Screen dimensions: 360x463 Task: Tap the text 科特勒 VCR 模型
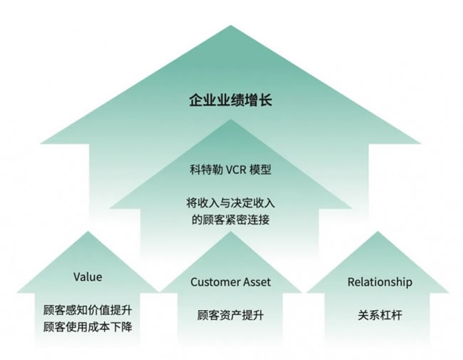coord(231,170)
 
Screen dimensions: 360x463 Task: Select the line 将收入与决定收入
coord(231,203)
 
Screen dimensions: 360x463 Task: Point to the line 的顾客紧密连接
coord(231,220)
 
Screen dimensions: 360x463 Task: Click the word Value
coord(88,277)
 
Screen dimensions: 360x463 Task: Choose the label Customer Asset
coord(231,282)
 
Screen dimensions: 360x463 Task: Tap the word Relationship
coord(380,282)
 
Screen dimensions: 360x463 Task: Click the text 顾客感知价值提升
coord(88,311)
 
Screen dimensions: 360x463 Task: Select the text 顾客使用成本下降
coord(88,327)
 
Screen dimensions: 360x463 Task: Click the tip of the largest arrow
coord(231,27)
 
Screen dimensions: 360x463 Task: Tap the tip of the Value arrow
coord(88,232)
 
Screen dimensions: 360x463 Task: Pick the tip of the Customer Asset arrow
coord(231,232)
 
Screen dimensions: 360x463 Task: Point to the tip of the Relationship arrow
coord(380,232)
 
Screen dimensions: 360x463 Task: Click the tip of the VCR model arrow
coord(231,120)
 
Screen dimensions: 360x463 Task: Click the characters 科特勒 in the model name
coord(204,170)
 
